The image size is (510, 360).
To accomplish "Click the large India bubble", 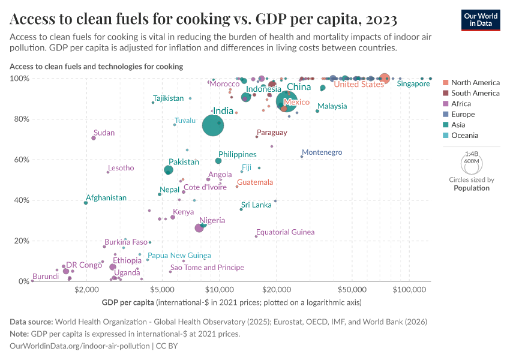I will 212,125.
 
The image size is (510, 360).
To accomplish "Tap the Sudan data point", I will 94,138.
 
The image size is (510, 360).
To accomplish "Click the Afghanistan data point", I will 86,203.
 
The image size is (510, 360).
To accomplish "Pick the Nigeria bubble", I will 199,228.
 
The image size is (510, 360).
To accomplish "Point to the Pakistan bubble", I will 169,170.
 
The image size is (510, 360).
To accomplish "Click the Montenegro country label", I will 322,152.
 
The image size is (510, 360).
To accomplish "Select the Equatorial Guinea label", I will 285,232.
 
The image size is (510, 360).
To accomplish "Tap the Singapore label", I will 413,84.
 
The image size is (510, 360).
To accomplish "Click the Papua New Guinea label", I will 179,256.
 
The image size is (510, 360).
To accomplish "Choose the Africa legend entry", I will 462,104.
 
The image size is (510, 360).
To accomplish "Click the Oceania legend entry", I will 466,136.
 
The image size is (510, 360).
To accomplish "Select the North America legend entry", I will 475,83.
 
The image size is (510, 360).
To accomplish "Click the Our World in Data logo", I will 480,19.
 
